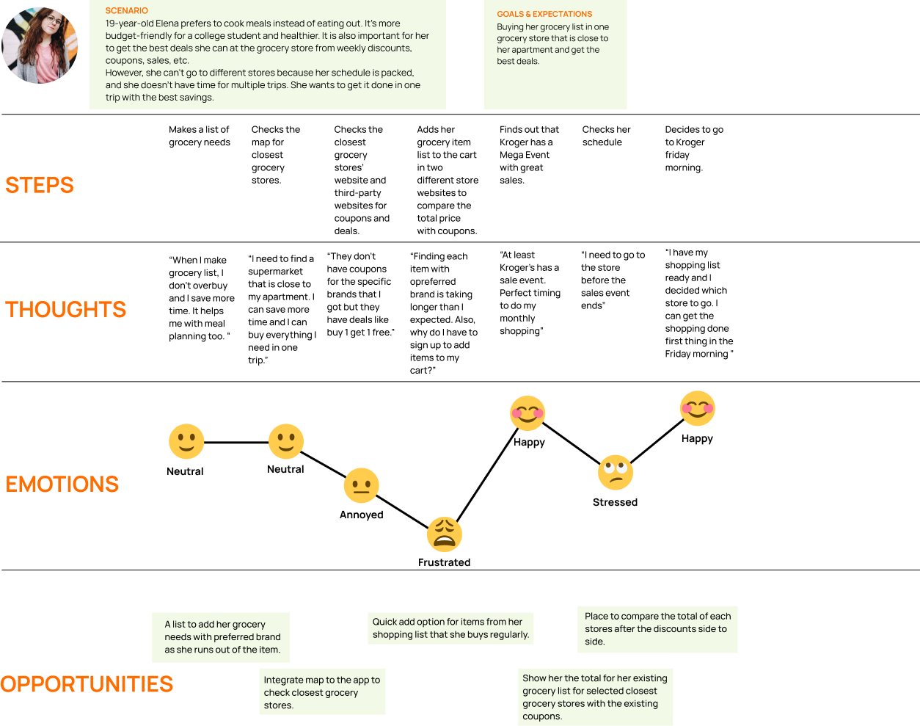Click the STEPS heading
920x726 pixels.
40,185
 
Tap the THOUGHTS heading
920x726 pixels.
66,310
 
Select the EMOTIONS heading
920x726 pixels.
62,484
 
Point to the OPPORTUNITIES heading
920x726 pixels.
87,684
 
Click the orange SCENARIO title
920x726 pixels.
126,11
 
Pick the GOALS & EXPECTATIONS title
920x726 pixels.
544,14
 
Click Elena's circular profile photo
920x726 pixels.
40,46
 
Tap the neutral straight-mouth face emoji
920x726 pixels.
361,485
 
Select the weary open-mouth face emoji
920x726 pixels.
445,534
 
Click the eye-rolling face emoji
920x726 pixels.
615,473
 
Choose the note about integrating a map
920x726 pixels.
322,691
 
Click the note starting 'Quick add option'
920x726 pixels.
450,628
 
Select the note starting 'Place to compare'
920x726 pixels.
657,629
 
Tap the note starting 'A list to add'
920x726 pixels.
221,637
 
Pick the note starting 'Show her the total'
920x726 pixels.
595,697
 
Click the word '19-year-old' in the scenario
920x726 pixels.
129,23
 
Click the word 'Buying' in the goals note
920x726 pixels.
511,27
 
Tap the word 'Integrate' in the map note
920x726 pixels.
284,680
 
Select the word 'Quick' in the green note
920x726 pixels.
384,622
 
